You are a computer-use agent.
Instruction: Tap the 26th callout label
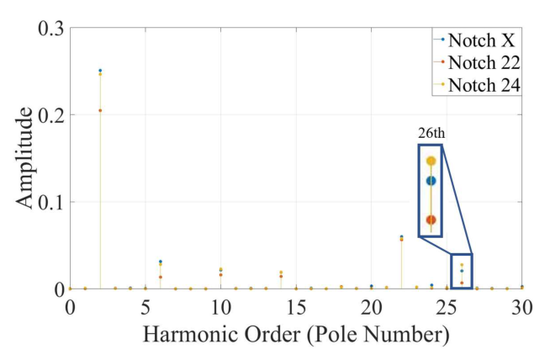tap(430, 133)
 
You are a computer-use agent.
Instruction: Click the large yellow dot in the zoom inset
tap(431, 161)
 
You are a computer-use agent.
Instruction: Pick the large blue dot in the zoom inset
tap(431, 181)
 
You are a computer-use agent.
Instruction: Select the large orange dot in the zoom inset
tap(431, 220)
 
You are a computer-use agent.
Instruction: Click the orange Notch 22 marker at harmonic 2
tap(100, 110)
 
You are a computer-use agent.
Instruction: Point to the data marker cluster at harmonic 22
tap(401, 238)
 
